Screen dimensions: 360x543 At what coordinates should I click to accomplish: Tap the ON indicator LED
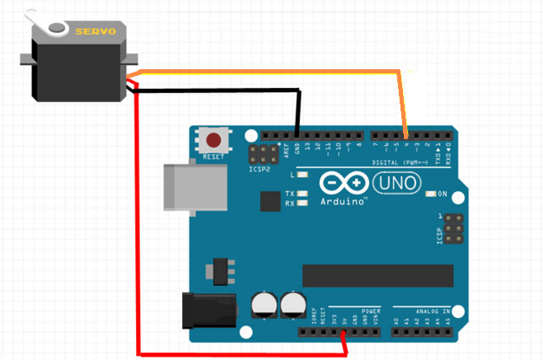[433, 194]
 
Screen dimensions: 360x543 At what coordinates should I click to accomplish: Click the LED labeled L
[302, 175]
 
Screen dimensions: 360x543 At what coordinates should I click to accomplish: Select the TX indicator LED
[302, 194]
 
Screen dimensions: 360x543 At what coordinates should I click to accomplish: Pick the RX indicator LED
[302, 203]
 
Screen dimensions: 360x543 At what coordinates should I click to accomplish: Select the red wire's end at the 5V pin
[344, 333]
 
